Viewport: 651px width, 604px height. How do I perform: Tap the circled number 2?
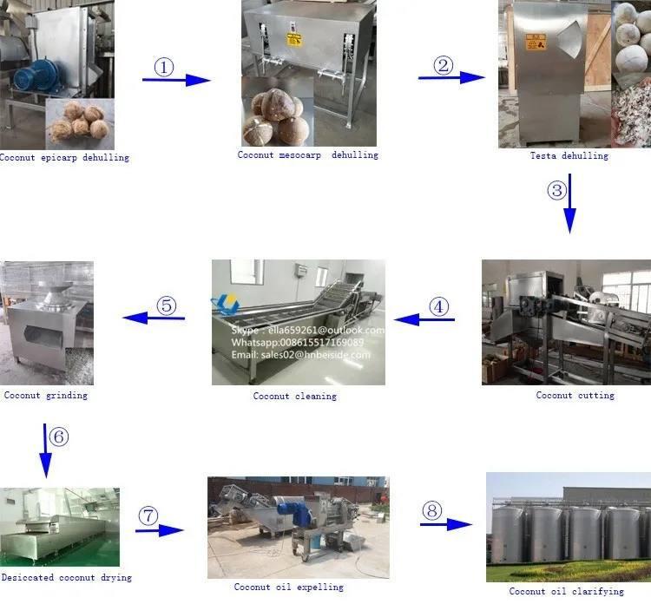pos(444,64)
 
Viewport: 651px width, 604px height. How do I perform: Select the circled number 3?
pos(556,189)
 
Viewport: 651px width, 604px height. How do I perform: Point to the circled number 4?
pos(439,305)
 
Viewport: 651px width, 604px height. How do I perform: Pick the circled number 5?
pos(166,305)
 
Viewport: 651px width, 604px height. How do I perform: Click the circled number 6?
pos(58,436)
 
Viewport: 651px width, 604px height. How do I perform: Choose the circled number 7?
pos(149,515)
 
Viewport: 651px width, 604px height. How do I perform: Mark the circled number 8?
pos(432,510)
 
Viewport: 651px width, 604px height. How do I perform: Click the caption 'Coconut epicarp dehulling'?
pos(65,158)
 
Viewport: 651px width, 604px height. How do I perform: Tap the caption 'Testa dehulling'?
pos(569,156)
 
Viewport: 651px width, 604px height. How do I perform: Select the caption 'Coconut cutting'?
pos(575,396)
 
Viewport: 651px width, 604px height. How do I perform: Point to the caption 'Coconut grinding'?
pos(45,396)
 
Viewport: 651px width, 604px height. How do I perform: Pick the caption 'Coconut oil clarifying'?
pos(566,591)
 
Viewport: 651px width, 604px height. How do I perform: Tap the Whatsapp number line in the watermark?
pos(298,342)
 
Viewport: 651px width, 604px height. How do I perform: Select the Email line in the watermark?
pos(300,354)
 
